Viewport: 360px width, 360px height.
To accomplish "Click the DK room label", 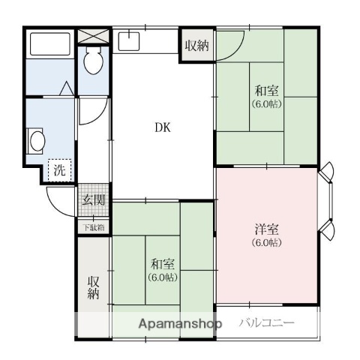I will [x=163, y=127].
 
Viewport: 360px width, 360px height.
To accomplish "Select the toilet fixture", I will [x=94, y=62].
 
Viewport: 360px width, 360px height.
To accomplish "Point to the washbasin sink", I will [x=35, y=140].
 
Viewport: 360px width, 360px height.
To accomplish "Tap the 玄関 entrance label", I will [x=94, y=201].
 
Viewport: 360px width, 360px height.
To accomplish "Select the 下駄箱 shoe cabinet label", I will [x=94, y=226].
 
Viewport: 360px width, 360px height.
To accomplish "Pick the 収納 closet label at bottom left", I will [x=93, y=287].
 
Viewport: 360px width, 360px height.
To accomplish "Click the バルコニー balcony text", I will [x=268, y=324].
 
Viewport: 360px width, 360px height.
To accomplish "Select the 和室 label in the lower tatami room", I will [x=163, y=264].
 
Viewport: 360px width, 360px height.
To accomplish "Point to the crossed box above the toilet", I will [x=94, y=35].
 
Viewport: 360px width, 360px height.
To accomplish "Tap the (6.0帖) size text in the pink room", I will [x=265, y=243].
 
